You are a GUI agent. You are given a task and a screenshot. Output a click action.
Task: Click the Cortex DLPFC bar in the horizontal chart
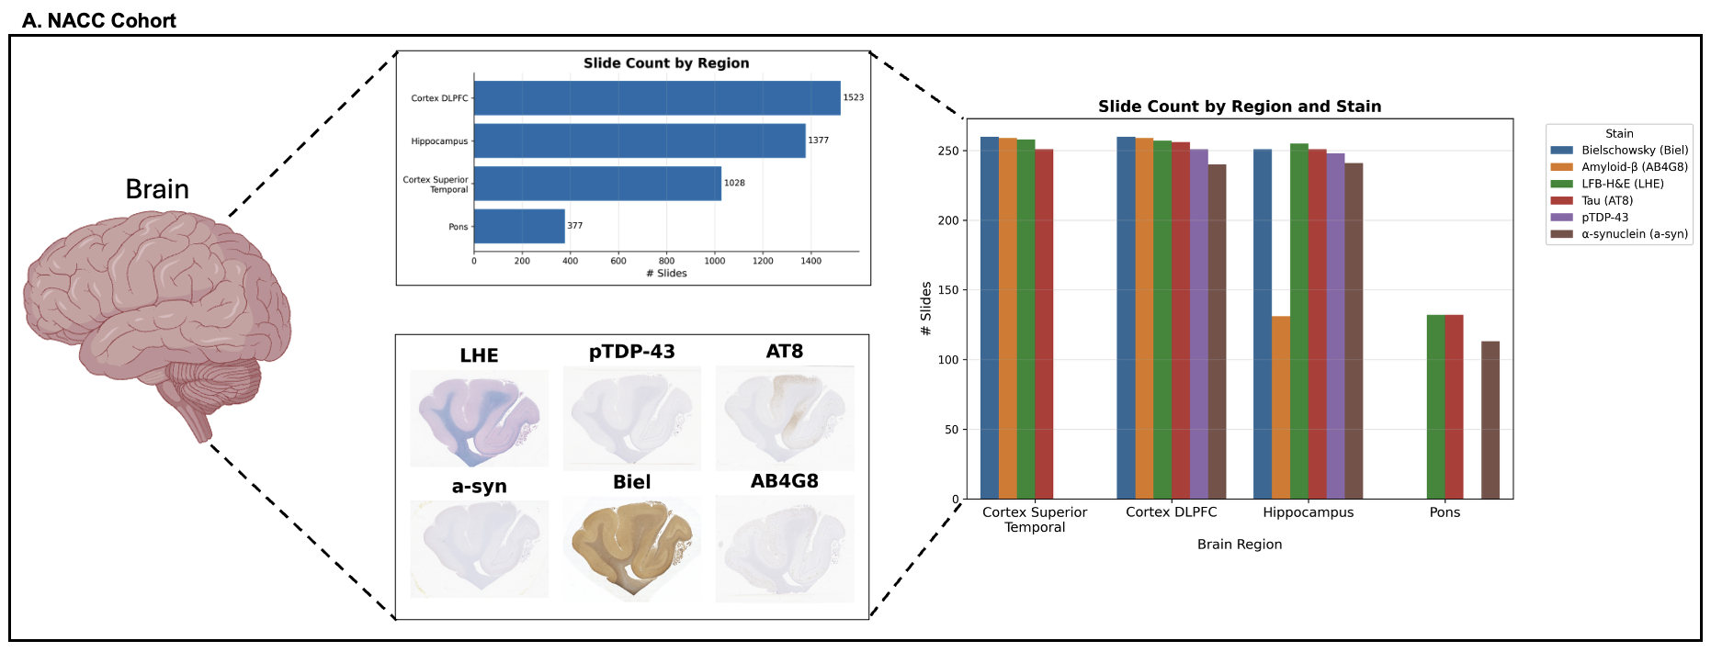pos(657,98)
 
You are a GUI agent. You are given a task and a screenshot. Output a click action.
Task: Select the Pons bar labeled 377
pos(519,226)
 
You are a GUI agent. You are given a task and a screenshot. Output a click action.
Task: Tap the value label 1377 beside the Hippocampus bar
pos(818,141)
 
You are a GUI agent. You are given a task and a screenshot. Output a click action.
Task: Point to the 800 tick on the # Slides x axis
pos(666,261)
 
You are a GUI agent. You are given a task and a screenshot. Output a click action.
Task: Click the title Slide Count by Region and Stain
pos(1239,107)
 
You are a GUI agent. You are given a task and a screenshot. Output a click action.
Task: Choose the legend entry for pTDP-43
pos(1604,218)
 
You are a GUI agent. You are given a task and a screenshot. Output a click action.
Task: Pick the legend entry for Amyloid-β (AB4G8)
pos(1634,167)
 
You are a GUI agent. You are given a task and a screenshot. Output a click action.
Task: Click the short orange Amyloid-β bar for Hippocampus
pos(1280,408)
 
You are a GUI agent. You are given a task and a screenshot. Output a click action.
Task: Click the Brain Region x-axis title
pos(1239,545)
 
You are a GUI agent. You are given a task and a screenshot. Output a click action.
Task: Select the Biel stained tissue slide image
pos(631,547)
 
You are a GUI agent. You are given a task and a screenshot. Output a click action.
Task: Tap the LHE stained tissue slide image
pos(479,418)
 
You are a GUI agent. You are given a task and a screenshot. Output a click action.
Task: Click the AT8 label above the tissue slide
pos(784,352)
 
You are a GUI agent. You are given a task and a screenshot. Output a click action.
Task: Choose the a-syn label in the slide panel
pos(479,487)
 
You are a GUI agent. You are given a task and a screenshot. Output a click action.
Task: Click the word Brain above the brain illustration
pos(157,189)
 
